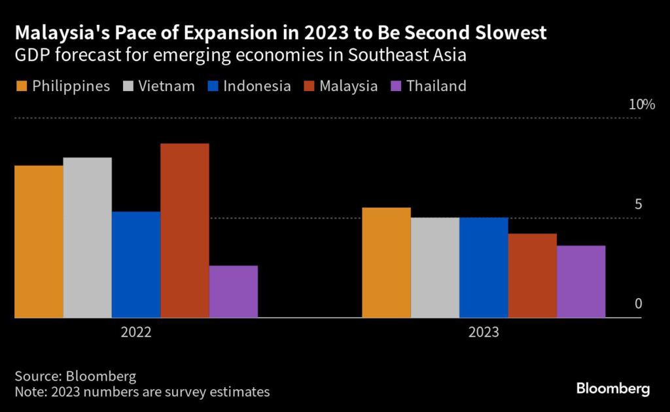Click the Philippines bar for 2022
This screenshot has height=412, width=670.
point(39,242)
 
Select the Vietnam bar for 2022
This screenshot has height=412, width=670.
point(87,238)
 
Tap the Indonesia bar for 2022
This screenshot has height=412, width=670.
point(136,265)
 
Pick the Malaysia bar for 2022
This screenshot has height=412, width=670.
point(185,231)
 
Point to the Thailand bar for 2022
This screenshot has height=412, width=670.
point(233,291)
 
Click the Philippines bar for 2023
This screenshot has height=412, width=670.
point(387,263)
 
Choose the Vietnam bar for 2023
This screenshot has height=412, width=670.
point(435,267)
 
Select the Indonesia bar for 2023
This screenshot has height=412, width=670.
point(484,267)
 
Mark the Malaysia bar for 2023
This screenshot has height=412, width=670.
point(532,276)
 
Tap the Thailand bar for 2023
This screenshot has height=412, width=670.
point(581,282)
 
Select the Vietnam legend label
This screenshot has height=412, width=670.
point(166,86)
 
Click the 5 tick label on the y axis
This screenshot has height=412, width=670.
point(638,205)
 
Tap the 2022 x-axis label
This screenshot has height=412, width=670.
point(136,332)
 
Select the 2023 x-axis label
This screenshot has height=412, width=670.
point(484,332)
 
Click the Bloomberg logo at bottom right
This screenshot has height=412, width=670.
point(613,389)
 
